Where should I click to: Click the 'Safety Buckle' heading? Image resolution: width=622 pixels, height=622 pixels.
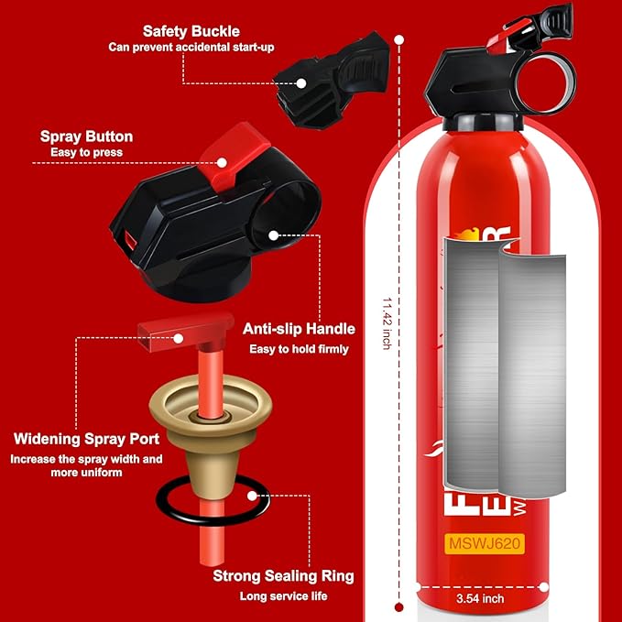coord(191,30)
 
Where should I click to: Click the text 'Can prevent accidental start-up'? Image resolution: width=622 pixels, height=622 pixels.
coord(191,47)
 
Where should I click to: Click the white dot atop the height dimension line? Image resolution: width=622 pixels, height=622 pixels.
coord(400,39)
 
